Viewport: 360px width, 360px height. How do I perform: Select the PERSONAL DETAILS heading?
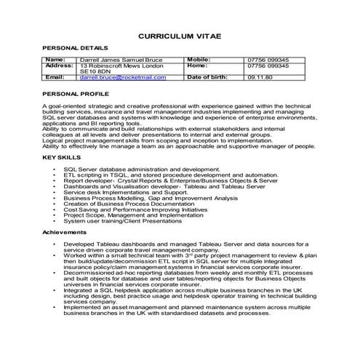tap(69, 49)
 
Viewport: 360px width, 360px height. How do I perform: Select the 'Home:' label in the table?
tap(197, 65)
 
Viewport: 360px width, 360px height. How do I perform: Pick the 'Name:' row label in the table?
tap(55, 59)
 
